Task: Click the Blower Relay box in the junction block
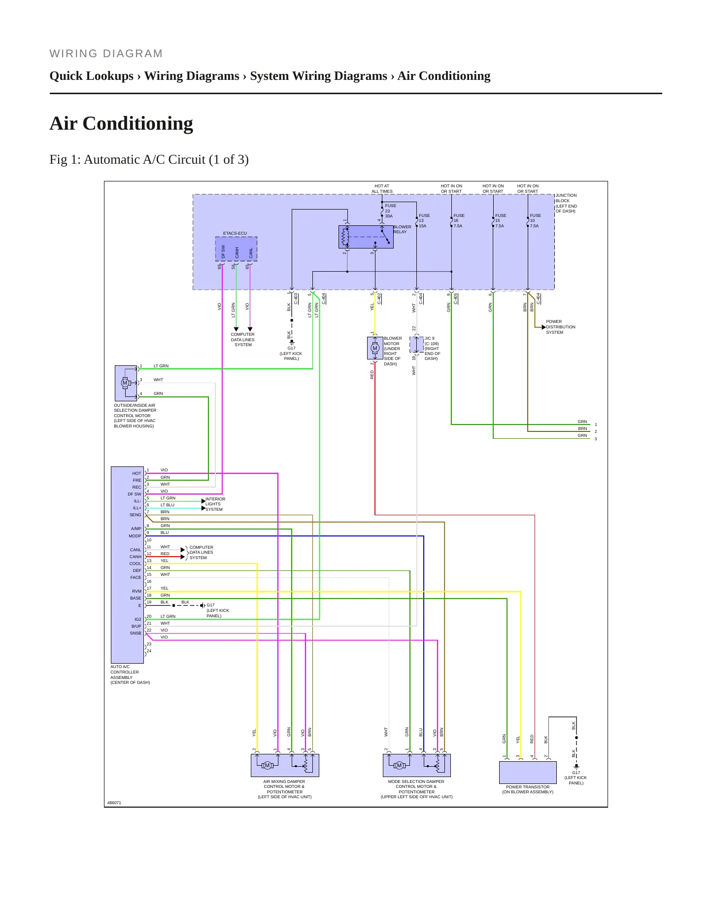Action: (366, 237)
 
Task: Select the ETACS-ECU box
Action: (236, 248)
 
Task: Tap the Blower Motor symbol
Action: (375, 348)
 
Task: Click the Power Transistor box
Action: (528, 773)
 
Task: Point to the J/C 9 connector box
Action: (416, 345)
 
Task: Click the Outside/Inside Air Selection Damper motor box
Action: (126, 383)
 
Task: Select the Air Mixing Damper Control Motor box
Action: (285, 765)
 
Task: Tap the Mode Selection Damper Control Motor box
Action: (417, 765)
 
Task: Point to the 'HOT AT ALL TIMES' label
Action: (382, 189)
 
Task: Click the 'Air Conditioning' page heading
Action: (121, 123)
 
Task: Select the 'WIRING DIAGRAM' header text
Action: (106, 54)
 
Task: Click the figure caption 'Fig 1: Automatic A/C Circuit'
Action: (149, 160)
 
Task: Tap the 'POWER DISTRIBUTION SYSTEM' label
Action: (560, 327)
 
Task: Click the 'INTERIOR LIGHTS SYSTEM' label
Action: (215, 504)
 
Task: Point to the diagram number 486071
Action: (114, 803)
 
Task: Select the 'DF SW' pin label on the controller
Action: (135, 494)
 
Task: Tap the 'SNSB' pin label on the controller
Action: (136, 633)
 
